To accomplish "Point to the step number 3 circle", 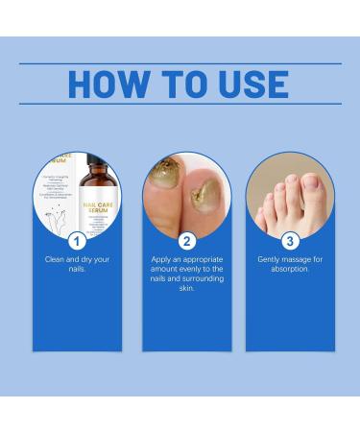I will pos(290,239).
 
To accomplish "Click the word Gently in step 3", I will pos(270,259).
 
